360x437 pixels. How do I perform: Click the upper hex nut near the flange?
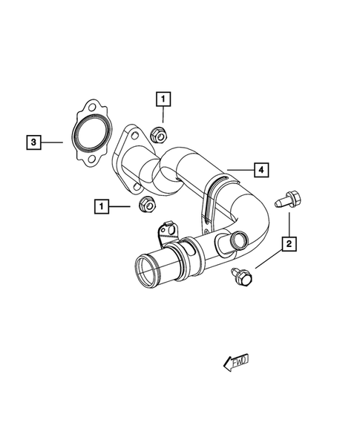(x=157, y=134)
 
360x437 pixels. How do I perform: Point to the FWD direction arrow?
(x=237, y=362)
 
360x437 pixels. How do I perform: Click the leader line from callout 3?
(x=52, y=140)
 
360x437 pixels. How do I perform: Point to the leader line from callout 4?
(x=239, y=171)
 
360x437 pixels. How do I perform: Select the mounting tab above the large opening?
(x=166, y=230)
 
